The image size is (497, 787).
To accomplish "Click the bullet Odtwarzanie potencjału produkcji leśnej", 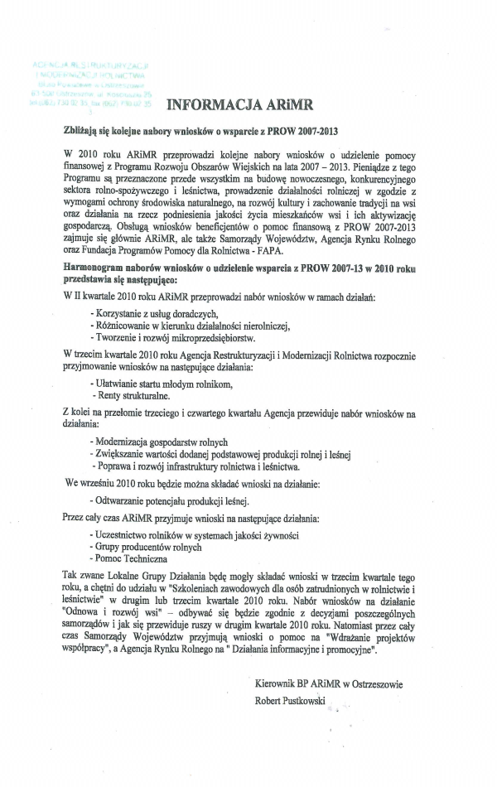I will (x=169, y=500).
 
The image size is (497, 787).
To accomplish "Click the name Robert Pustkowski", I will (x=292, y=700).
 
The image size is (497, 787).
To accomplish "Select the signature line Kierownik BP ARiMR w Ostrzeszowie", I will (x=331, y=683).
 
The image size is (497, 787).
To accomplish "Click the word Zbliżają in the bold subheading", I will (x=81, y=131).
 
